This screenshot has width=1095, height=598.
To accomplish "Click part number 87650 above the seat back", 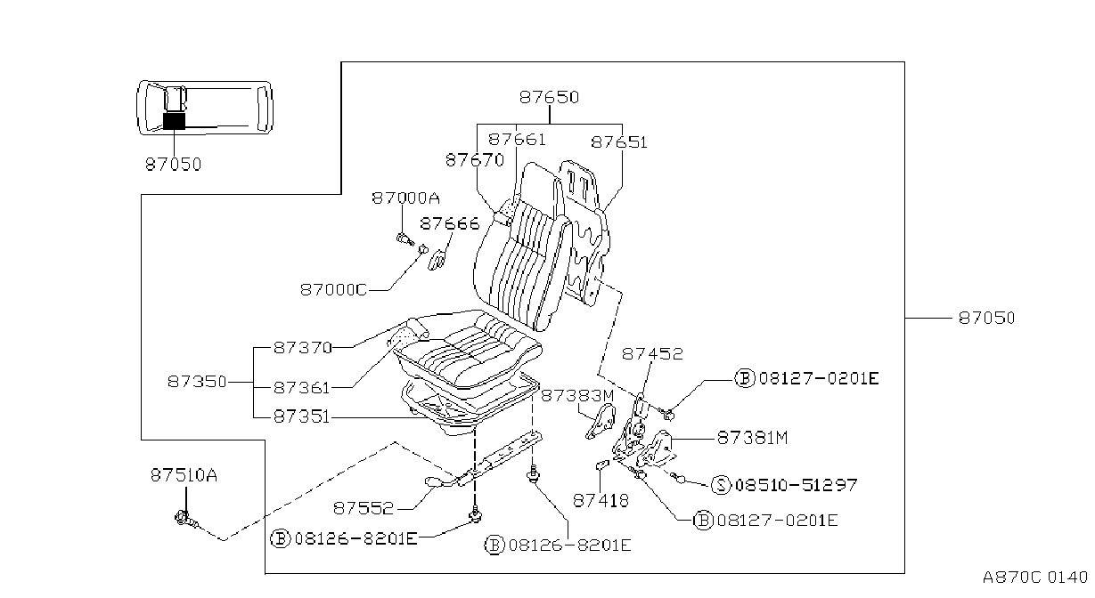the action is point(549,97).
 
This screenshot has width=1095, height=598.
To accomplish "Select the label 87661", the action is point(517,140).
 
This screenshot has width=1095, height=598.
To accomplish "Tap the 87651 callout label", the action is point(619,142).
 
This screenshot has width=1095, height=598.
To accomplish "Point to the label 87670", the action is point(475,160).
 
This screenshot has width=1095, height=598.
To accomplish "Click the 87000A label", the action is point(405,198).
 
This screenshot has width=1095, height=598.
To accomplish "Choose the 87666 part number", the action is point(450,223).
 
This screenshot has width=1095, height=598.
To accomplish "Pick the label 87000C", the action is point(333,290).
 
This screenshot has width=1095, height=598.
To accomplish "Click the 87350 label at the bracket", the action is point(197,381).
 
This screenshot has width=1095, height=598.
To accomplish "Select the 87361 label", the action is point(302,388).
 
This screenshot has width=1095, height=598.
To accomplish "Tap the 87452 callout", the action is point(652,353).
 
